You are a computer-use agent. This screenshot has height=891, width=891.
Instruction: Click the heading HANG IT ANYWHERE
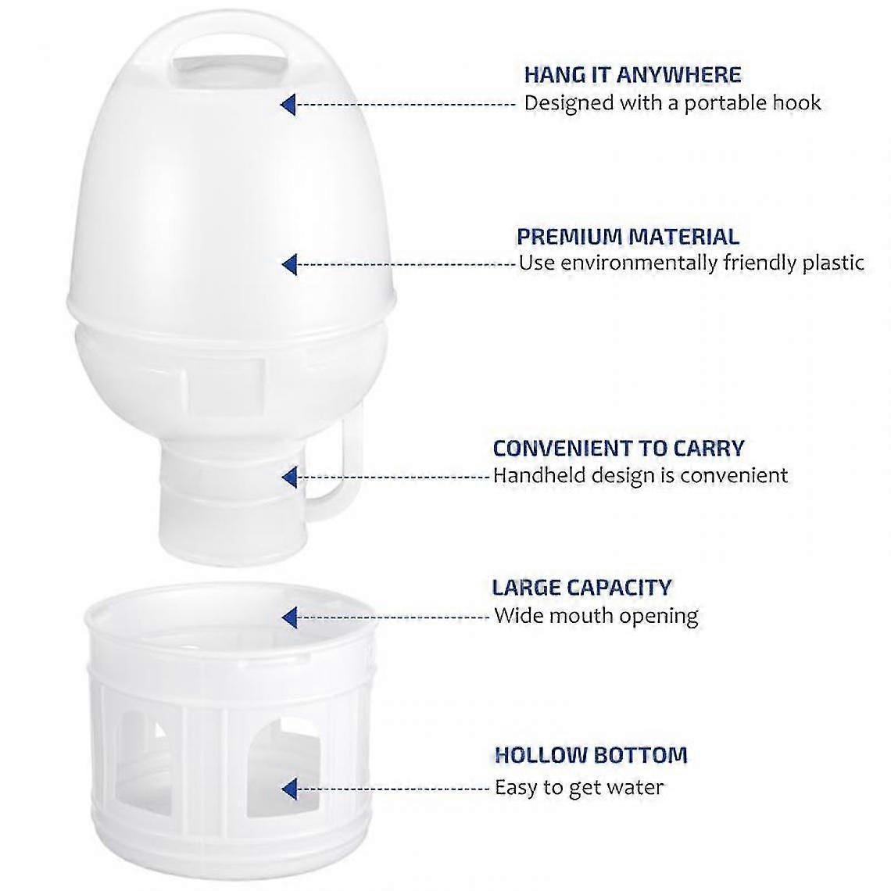pos(632,75)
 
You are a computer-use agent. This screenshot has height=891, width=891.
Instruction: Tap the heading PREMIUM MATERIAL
pos(628,236)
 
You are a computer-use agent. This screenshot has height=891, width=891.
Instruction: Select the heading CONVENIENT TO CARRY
pos(618,449)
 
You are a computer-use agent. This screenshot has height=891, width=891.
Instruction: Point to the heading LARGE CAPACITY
pos(581,587)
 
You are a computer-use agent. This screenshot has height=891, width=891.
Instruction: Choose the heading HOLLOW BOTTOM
pos(591,755)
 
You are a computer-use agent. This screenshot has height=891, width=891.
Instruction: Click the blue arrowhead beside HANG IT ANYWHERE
pos(288,105)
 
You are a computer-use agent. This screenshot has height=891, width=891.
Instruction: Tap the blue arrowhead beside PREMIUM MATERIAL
pos(289,265)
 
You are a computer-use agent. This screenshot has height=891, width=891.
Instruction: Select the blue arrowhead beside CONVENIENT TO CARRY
pos(289,478)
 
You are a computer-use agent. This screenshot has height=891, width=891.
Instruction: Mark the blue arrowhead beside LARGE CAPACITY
pos(289,617)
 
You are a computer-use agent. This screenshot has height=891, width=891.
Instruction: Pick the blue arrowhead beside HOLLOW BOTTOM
pos(289,789)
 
